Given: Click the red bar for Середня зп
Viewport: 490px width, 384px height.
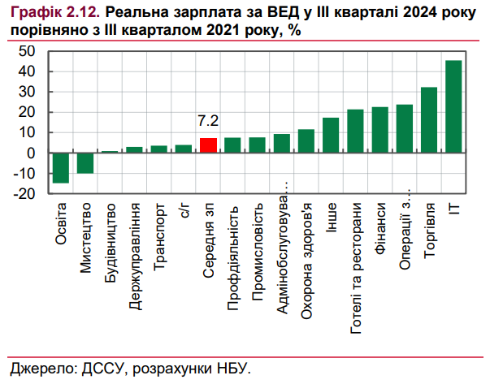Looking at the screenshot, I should tap(208, 145).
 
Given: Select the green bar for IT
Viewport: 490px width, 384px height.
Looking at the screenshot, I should tap(453, 106).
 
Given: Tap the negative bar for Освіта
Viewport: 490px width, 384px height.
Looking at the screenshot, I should tap(61, 168).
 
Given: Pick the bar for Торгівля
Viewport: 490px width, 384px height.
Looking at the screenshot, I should tap(429, 120).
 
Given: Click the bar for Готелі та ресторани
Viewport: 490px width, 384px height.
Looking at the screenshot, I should tap(355, 131).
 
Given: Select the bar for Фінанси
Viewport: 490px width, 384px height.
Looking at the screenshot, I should tap(379, 130).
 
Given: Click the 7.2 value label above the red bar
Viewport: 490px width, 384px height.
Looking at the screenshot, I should tap(208, 121).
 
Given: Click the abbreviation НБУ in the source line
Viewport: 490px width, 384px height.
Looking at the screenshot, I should tap(231, 368).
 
